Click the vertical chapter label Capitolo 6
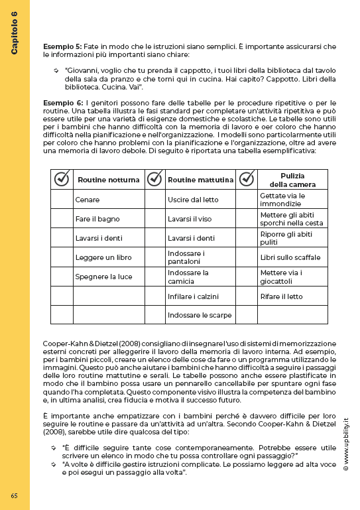coord(14,32)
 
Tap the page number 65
coord(14,495)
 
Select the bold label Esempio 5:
coord(63,46)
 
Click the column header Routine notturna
coord(109,180)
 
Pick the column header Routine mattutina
coord(200,180)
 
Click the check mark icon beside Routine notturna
coord(62,179)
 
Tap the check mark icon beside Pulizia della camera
coord(247,179)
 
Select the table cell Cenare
coord(88,200)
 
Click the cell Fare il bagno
coord(97,219)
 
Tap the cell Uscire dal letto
coord(192,200)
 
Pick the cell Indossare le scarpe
coord(200,314)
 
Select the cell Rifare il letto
coord(282,296)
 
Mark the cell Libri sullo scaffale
coord(290,257)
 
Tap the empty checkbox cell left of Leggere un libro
coord(62,257)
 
